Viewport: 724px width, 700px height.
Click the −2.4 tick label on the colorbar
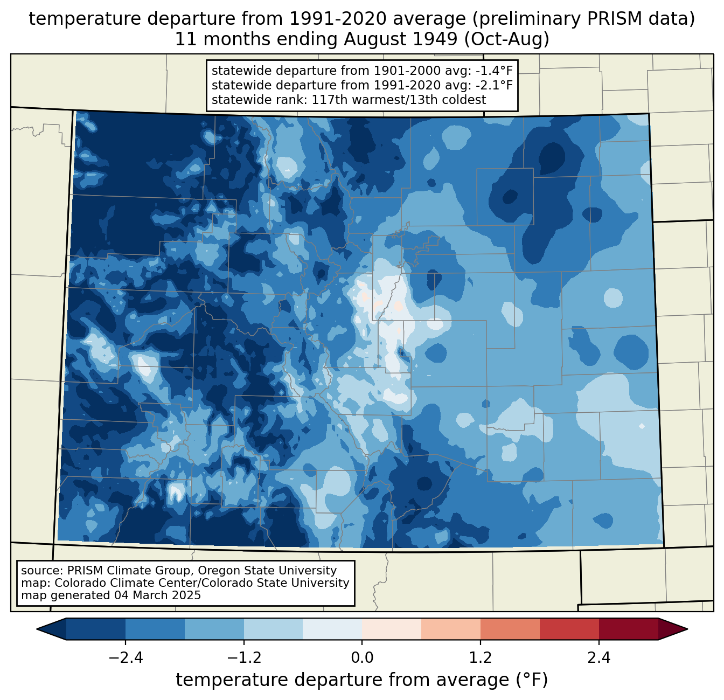tap(126, 658)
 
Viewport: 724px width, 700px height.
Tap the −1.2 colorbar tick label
tap(243, 658)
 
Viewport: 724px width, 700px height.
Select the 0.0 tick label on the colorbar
tap(362, 658)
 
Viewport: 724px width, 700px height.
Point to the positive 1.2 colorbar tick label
tap(481, 658)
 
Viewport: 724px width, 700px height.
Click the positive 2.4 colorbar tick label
tap(598, 658)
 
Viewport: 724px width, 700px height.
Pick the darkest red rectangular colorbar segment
tap(628, 629)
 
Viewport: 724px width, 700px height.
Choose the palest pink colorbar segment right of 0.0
tap(392, 629)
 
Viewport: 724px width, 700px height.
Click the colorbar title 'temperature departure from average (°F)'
tap(362, 680)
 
